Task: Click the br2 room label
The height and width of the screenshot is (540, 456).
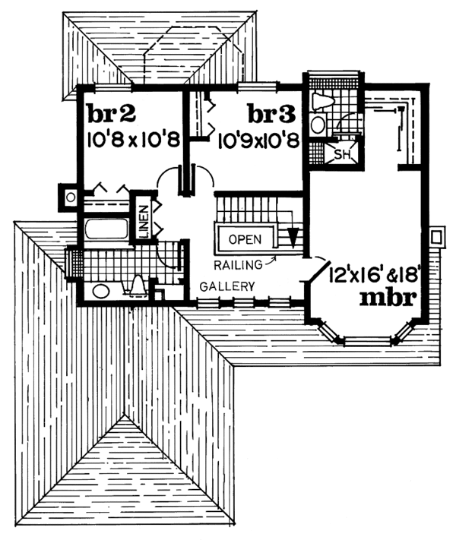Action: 111,115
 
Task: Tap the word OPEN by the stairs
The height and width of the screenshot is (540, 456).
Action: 245,238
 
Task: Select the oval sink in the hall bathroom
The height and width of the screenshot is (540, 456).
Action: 100,290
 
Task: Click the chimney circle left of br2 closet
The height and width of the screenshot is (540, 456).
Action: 70,197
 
